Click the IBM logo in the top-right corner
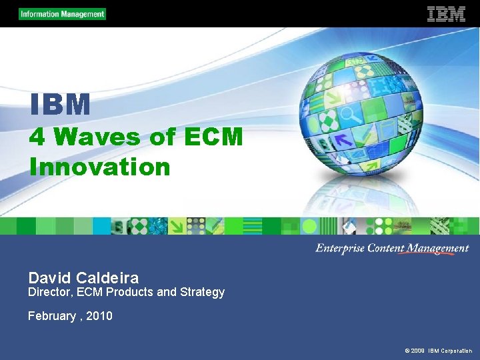tap(446, 14)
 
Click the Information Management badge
tap(62, 14)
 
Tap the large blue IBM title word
tap(60, 105)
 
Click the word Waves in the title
tap(97, 137)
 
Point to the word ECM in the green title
tap(213, 137)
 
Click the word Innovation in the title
tap(99, 167)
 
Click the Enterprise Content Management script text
tap(392, 248)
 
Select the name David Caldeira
tap(83, 277)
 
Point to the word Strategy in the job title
tap(202, 292)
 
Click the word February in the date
tap(52, 316)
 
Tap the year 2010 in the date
tap(99, 316)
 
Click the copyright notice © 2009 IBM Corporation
tap(438, 351)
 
